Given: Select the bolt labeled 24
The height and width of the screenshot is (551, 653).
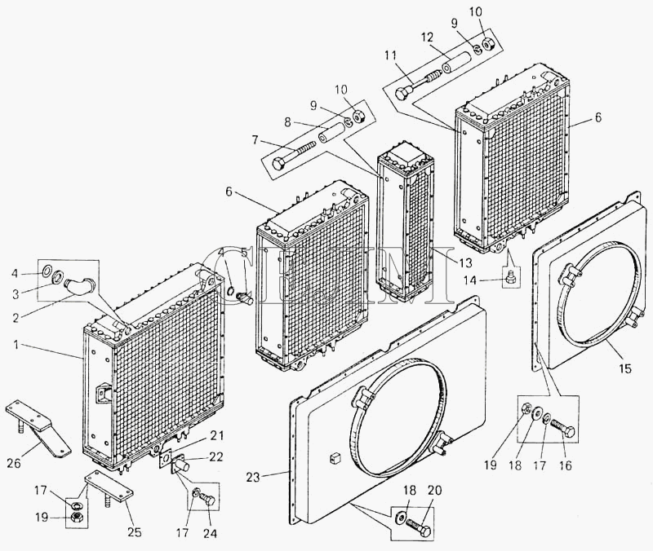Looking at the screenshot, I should (x=207, y=494).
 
